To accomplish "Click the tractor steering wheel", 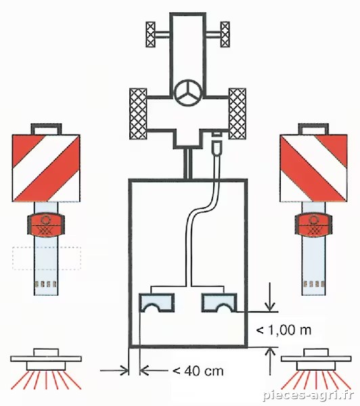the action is (x=188, y=93).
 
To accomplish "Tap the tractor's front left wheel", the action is (x=150, y=35).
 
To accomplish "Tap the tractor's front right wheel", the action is (x=225, y=35).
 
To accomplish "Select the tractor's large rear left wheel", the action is (x=138, y=114).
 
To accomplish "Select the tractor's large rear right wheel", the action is (x=238, y=114).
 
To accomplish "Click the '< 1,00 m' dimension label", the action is (x=284, y=330).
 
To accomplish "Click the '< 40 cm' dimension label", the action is (x=198, y=371).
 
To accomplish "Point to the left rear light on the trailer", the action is (x=157, y=302).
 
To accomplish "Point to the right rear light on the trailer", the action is (x=219, y=302).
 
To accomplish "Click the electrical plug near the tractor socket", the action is (x=217, y=148).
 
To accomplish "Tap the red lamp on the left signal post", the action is (x=46, y=225).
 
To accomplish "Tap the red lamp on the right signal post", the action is (x=313, y=225).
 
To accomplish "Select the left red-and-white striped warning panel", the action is (x=46, y=168).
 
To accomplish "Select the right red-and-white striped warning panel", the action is (x=313, y=168).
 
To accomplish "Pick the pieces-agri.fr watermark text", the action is (x=308, y=396).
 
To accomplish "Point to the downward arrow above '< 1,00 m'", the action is (x=270, y=297).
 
